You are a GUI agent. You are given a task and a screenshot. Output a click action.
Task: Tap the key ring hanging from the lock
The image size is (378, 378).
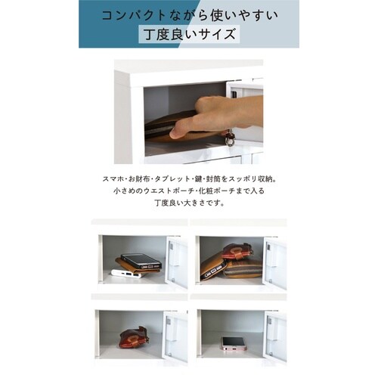click(229, 138)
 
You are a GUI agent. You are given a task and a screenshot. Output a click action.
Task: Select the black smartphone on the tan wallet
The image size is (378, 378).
click(141, 261)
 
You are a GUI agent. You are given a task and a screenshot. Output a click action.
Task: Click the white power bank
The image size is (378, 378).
click(126, 274)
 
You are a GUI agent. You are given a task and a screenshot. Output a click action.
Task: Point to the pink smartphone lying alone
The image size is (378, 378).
click(234, 342)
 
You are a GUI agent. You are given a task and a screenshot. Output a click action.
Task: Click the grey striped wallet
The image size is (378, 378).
click(243, 270)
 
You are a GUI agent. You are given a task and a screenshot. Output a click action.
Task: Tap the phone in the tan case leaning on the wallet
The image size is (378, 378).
click(214, 267)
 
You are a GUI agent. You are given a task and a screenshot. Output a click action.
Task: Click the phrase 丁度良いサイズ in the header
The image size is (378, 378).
click(190, 34)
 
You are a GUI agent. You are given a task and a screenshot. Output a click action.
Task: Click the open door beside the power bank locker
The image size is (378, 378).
click(176, 262)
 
